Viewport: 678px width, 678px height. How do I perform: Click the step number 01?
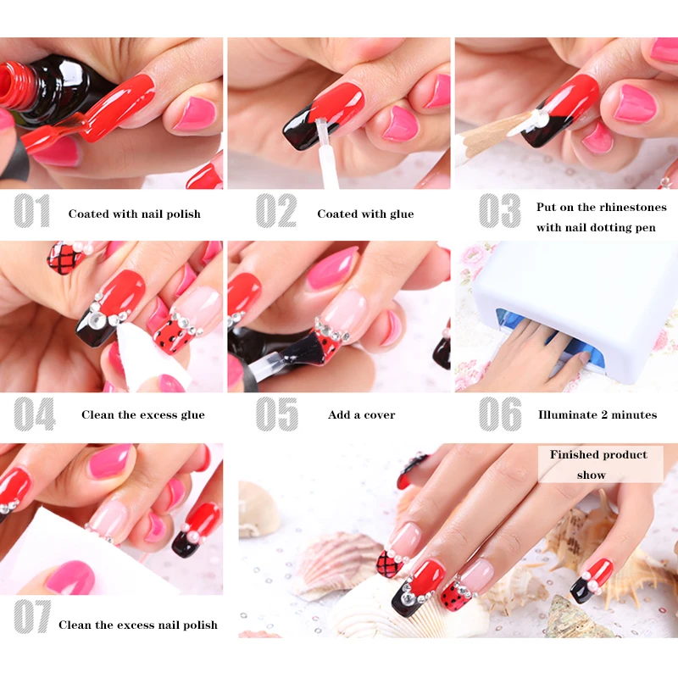[x=32, y=212]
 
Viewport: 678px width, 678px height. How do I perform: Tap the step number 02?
[x=276, y=212]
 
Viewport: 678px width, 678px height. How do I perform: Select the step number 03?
[x=499, y=212]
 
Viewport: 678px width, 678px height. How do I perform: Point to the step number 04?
[x=34, y=414]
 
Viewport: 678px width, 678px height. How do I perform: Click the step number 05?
[x=277, y=414]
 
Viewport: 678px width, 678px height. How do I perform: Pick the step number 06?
[x=500, y=414]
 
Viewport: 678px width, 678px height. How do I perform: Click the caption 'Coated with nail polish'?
[x=134, y=214]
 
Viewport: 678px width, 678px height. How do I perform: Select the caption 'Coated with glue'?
[x=365, y=214]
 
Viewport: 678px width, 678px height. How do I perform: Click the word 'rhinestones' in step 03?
[x=633, y=208]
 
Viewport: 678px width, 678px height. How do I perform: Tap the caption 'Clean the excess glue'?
[x=142, y=415]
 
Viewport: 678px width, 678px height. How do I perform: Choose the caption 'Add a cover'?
[x=361, y=415]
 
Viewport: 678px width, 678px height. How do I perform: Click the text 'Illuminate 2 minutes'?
[x=597, y=415]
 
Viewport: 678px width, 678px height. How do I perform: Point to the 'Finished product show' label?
[x=598, y=464]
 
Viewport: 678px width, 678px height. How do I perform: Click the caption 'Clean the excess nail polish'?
[x=137, y=625]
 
